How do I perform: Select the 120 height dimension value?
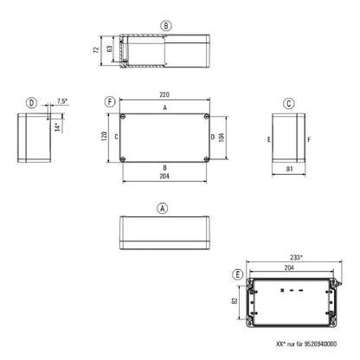[104, 137]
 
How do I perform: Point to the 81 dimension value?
[288, 170]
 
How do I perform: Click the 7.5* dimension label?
[61, 102]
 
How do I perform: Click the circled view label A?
[162, 209]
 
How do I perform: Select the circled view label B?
[165, 26]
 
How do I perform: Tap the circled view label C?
[288, 102]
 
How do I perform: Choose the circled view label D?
[31, 102]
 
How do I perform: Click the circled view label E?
[238, 274]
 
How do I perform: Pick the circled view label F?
[110, 102]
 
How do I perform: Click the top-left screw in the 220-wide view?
[125, 117]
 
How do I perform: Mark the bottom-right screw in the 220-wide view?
[205, 157]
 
